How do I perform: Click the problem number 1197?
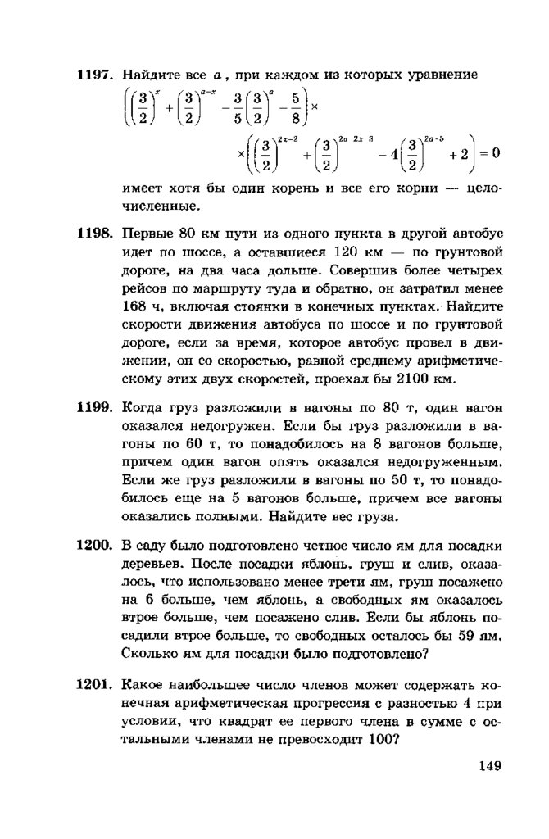click(93, 75)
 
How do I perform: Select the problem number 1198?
click(93, 233)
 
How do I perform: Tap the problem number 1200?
click(93, 546)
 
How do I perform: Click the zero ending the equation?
click(495, 153)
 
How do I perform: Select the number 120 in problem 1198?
click(344, 252)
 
